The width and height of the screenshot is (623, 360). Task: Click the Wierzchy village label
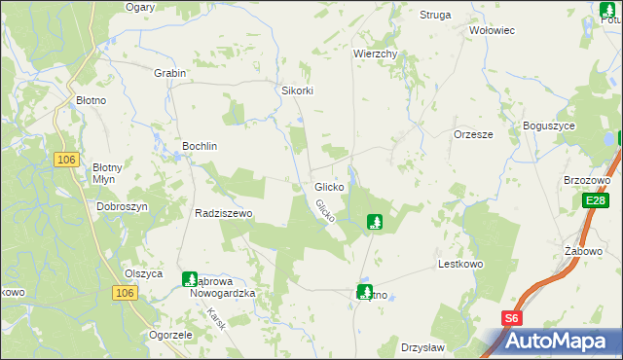[376, 54]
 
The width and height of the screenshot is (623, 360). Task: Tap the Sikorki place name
[298, 90]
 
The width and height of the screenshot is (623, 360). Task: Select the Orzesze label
[473, 135]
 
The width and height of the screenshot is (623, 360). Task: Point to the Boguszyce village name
[549, 126]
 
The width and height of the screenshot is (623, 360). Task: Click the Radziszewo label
[224, 213]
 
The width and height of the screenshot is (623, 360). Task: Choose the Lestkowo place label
[461, 264]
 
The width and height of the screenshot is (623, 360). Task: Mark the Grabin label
[169, 73]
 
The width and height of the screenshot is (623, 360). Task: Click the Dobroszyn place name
[122, 207]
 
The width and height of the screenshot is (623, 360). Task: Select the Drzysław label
[422, 347]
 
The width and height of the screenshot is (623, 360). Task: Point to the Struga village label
[435, 16]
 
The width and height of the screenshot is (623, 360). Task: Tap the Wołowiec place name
[492, 30]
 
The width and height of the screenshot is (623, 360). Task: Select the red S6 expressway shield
[512, 317]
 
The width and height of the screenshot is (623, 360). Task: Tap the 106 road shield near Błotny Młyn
[66, 161]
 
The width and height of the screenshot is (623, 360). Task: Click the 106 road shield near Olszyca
[123, 293]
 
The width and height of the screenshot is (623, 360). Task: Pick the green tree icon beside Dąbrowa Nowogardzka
[190, 279]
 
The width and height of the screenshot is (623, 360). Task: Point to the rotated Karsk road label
[217, 319]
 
